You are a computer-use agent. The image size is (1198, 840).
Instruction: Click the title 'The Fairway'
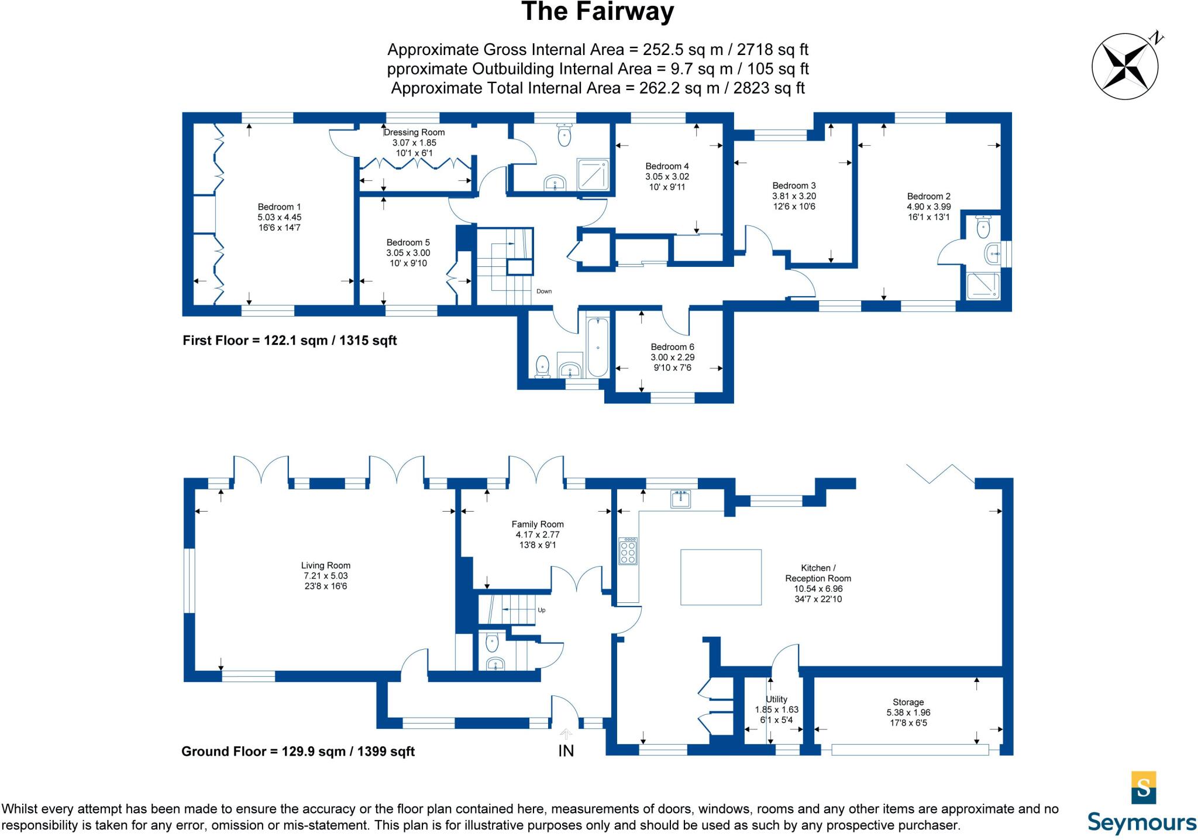click(597, 12)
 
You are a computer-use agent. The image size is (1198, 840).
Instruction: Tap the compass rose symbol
click(1125, 66)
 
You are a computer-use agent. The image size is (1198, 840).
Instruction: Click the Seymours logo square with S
click(1144, 787)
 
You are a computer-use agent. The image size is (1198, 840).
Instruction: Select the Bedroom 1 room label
click(280, 207)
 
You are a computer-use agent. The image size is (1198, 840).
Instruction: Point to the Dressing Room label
click(414, 132)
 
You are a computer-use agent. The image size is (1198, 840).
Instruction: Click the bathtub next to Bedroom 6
click(598, 347)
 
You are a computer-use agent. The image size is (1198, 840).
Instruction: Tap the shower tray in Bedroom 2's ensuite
click(983, 286)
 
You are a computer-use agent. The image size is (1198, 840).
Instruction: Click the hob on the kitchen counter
click(628, 551)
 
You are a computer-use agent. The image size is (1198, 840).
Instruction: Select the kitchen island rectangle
click(721, 577)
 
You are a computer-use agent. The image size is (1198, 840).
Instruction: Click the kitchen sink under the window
click(680, 499)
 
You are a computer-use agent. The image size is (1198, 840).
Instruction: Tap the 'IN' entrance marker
click(566, 750)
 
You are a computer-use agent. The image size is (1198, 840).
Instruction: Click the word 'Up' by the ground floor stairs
click(541, 610)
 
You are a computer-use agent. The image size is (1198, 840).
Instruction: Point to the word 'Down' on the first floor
click(544, 291)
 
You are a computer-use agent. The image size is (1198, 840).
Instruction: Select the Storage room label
click(908, 702)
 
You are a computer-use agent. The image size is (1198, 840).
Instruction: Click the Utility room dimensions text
click(776, 715)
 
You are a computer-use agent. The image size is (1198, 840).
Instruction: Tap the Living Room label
click(326, 565)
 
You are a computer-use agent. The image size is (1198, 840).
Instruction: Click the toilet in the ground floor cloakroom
click(491, 643)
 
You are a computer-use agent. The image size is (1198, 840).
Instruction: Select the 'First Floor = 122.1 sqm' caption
click(290, 341)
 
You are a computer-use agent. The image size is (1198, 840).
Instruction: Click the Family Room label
click(538, 524)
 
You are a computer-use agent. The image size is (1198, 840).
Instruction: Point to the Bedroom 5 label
click(408, 242)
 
